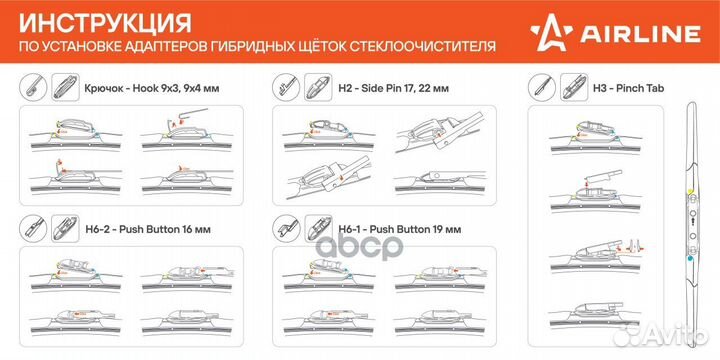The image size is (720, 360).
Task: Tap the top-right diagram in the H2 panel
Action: pyautogui.click(x=440, y=131)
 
